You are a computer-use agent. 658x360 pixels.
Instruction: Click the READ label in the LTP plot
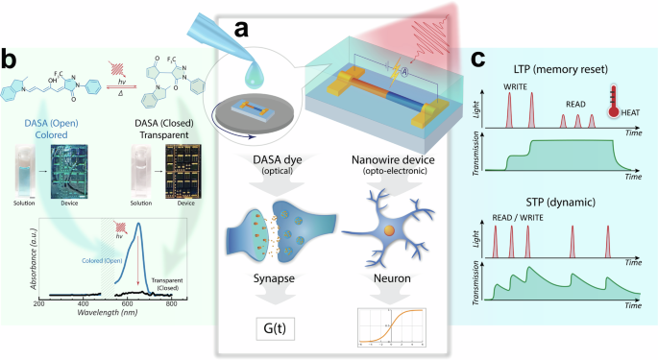(577, 108)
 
